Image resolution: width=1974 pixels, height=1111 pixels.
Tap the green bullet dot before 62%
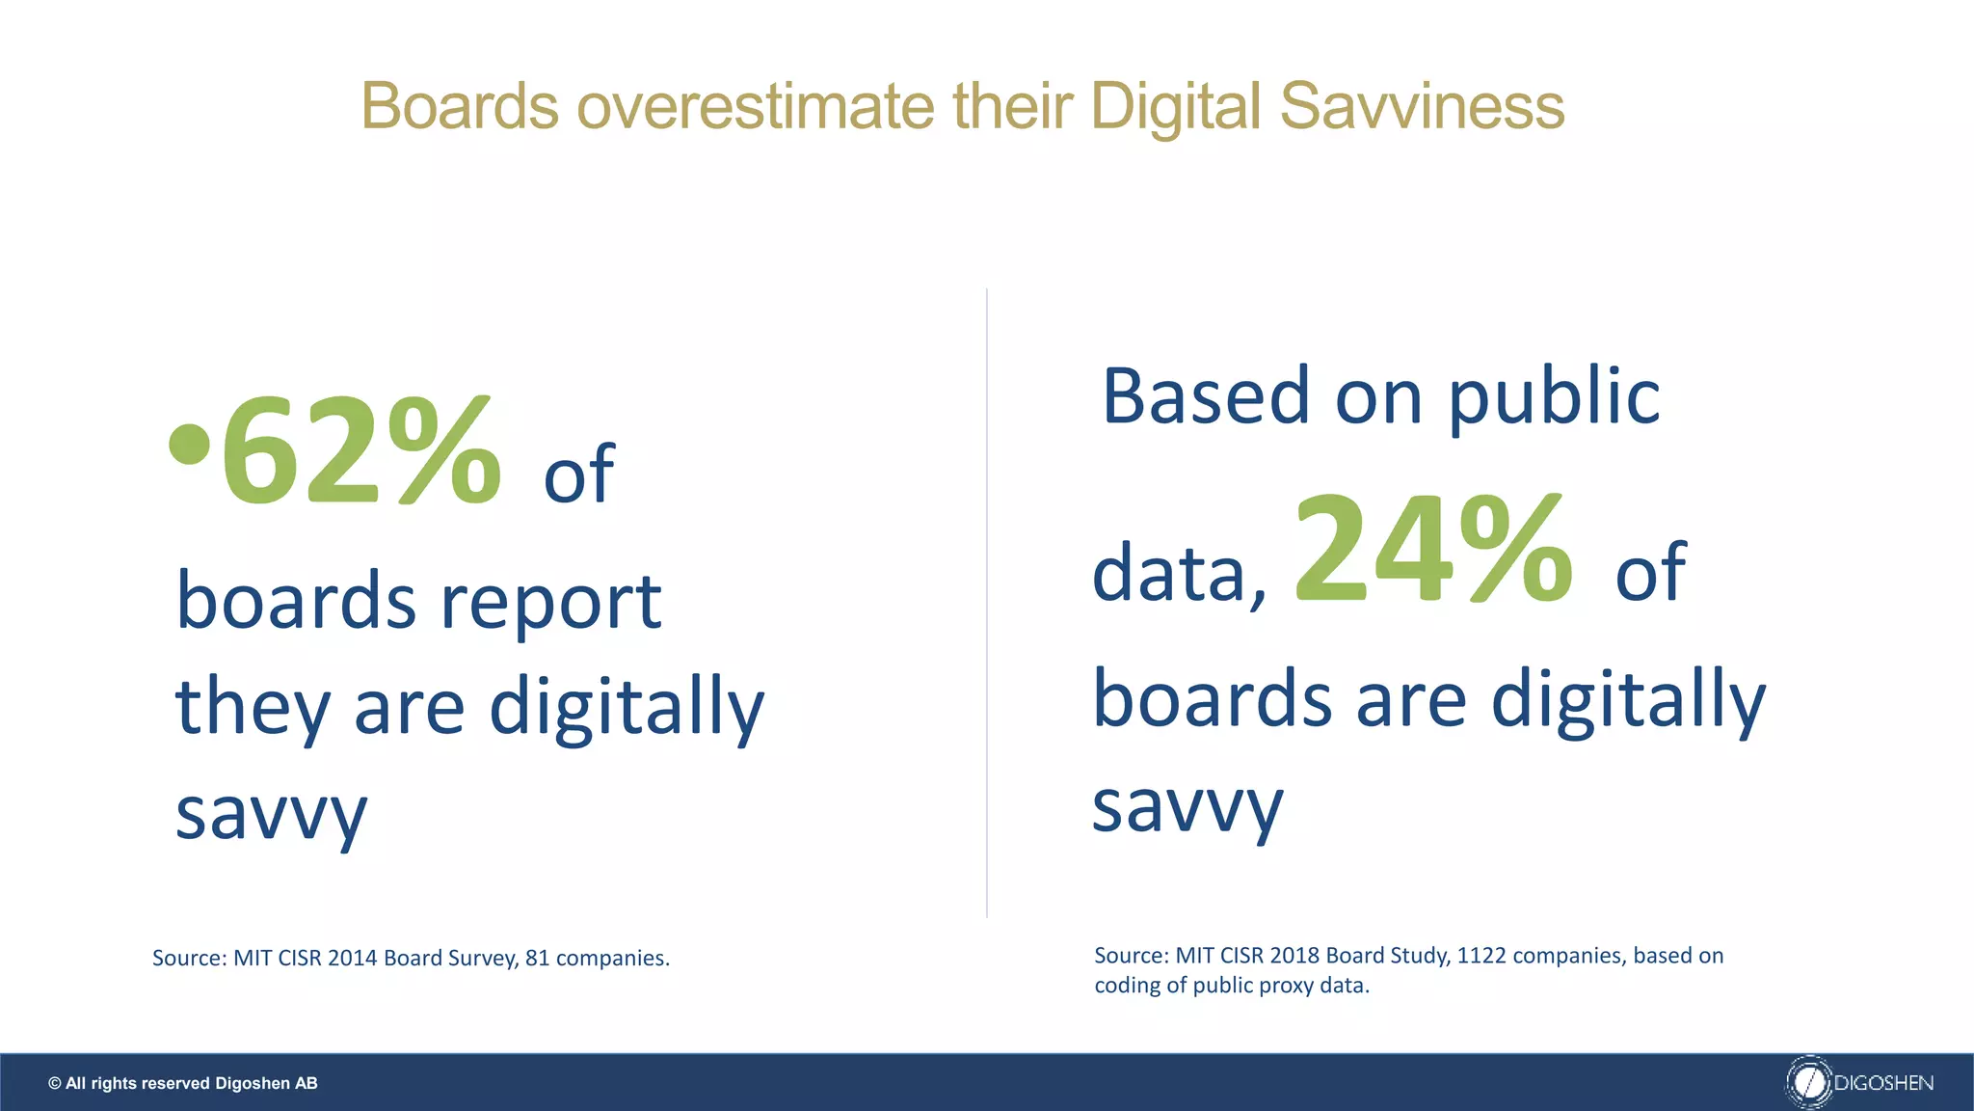click(189, 444)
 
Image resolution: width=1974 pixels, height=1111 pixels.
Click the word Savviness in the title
click(1422, 106)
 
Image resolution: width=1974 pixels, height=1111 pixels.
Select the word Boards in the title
click(460, 106)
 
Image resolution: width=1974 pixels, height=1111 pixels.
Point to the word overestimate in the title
click(756, 106)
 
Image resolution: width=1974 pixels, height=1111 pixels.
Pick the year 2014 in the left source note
click(352, 958)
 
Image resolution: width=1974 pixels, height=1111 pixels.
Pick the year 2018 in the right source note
click(1294, 955)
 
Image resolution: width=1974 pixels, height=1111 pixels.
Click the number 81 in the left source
click(537, 958)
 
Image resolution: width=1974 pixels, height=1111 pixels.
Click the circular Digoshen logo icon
click(1808, 1082)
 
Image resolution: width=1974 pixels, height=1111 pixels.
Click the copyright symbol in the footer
click(55, 1083)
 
